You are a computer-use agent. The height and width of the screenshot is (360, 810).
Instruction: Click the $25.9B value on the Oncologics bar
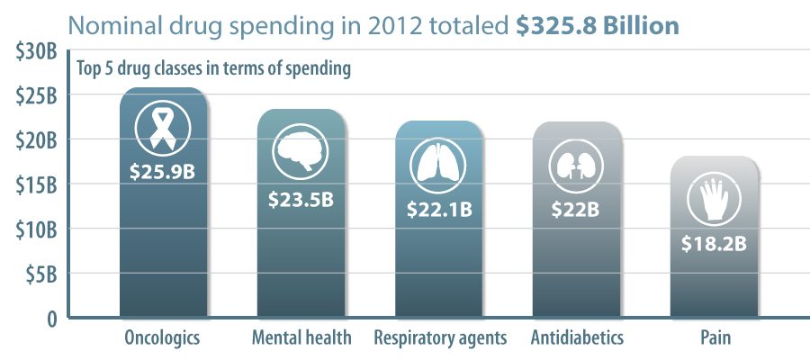coord(164,169)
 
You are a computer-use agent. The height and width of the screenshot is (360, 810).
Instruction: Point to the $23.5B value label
coord(301,199)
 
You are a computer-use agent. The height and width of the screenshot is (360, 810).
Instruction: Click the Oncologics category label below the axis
coord(163,338)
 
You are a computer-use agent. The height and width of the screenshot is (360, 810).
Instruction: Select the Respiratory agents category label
coord(440,338)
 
